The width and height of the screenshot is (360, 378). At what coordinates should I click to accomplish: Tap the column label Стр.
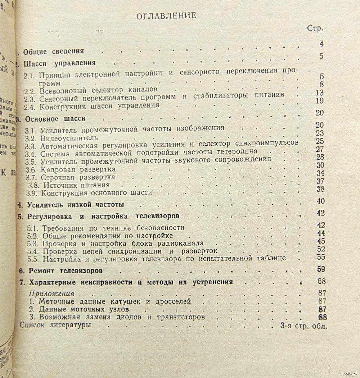(x=315, y=28)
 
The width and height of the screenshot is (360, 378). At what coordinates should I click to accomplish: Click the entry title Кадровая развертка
(x=78, y=169)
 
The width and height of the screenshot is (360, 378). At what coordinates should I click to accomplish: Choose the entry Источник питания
(x=77, y=185)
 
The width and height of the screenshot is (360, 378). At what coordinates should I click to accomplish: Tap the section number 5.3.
(x=34, y=243)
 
